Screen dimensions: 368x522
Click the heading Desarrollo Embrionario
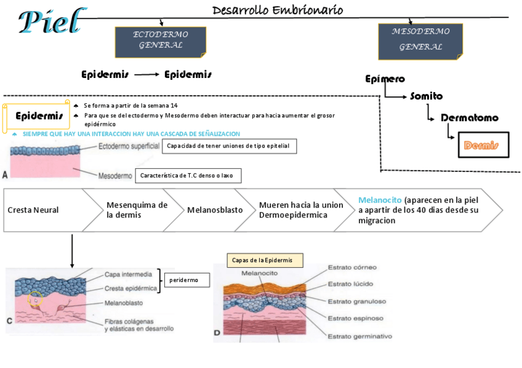[x=278, y=10]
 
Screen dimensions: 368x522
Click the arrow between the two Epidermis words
[x=147, y=75]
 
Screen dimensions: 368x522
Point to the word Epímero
[x=385, y=79]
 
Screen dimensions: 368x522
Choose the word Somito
[x=426, y=96]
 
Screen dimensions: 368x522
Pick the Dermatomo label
[x=469, y=118]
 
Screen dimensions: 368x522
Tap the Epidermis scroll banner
[x=38, y=116]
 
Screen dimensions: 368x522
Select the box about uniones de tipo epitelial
[x=230, y=146]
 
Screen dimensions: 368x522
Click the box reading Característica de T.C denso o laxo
[x=188, y=176]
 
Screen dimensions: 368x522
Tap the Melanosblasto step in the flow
[x=215, y=210]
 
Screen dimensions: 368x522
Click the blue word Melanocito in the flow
[x=380, y=200]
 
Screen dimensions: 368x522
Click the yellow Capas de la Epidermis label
[x=265, y=260]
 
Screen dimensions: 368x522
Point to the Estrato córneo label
[x=352, y=267]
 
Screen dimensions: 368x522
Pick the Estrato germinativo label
[x=359, y=336]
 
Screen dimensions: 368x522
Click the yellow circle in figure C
[x=35, y=299]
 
